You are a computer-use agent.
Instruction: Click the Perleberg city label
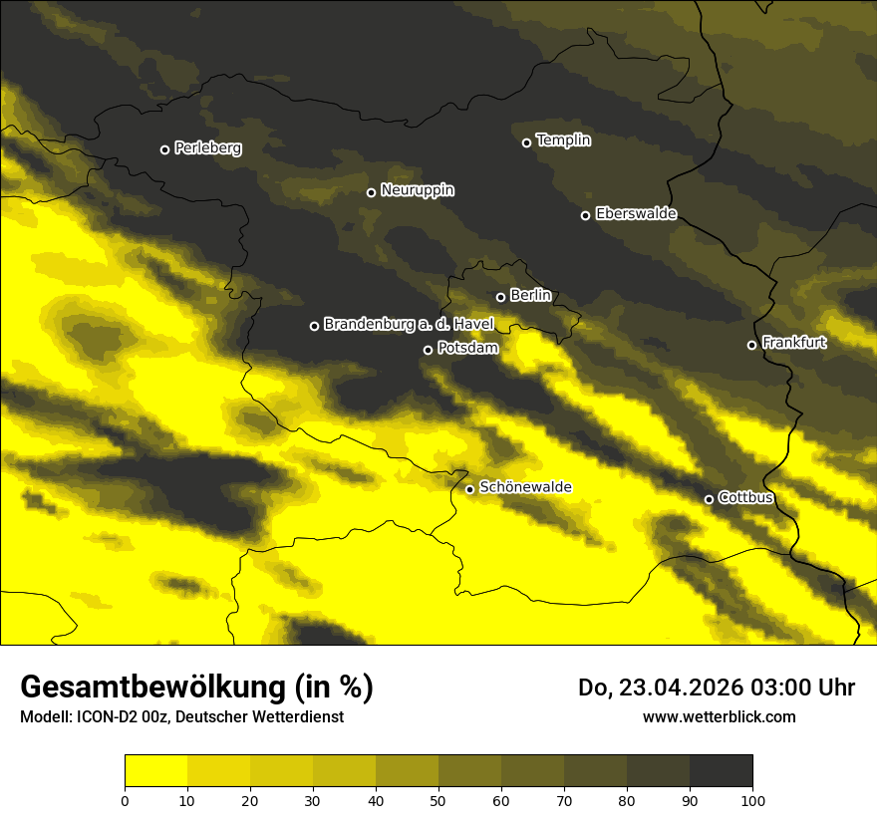click(x=207, y=148)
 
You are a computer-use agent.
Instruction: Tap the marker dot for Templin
click(x=526, y=142)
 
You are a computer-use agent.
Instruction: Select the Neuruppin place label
click(x=417, y=190)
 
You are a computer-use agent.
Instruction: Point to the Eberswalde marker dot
click(x=585, y=215)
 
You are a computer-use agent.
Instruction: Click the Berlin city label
click(x=530, y=295)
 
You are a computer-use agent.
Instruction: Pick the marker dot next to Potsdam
click(x=428, y=350)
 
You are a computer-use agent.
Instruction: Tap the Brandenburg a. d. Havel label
click(x=408, y=324)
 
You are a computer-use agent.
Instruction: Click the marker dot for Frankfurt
click(x=751, y=345)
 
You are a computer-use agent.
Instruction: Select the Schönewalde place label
click(x=525, y=487)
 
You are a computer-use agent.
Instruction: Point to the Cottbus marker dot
click(x=709, y=499)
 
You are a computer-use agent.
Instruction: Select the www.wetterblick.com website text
click(x=719, y=716)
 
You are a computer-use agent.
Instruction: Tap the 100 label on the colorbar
click(x=752, y=799)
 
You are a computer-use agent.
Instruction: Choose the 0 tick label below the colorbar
click(x=125, y=799)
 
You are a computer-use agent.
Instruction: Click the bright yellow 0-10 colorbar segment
click(x=155, y=771)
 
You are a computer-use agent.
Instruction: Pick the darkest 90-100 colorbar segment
click(x=721, y=771)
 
